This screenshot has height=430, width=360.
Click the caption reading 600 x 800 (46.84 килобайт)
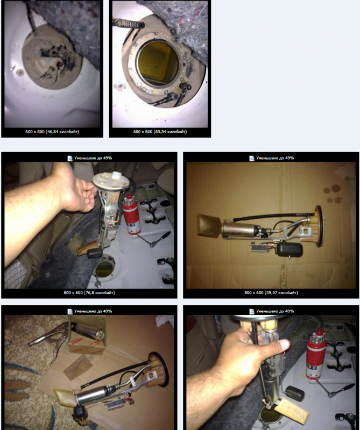[51, 131]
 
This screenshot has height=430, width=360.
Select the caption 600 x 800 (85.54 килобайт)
[159, 131]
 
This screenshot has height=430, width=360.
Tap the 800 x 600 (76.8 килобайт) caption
[89, 292]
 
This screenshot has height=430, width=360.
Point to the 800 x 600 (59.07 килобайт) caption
[271, 292]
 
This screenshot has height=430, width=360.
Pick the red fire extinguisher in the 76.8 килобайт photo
[130, 218]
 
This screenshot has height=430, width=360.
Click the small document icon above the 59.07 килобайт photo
[251, 158]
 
